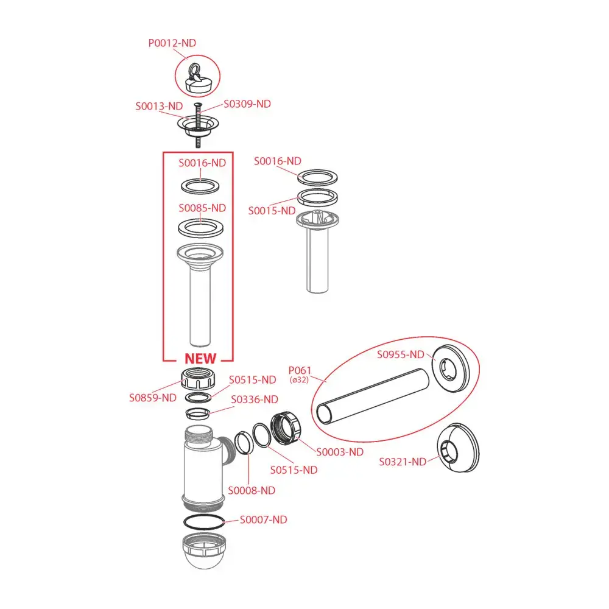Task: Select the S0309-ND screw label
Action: point(247,104)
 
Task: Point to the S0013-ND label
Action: point(159,105)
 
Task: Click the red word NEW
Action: point(200,359)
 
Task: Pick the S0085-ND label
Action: point(202,208)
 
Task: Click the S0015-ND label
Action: point(272,211)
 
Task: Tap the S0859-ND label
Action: point(152,398)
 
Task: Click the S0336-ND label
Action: point(254,400)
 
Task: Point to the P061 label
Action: point(299,370)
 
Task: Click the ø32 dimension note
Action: point(299,380)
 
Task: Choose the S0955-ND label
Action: point(400,354)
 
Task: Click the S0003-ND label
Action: point(340,452)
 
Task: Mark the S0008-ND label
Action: point(252,490)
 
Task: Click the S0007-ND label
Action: point(263,519)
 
